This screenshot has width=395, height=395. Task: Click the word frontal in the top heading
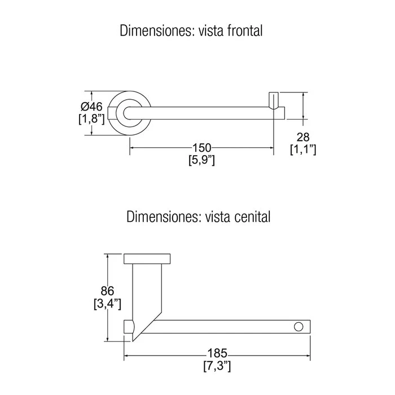point(245,30)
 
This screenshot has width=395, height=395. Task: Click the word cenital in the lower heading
point(252,217)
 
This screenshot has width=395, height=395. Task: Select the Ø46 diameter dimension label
point(91,107)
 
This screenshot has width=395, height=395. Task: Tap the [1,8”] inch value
point(91,119)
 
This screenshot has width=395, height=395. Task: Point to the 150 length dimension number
point(201,148)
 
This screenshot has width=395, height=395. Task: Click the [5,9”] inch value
point(202,160)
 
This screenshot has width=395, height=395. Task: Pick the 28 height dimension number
point(303,137)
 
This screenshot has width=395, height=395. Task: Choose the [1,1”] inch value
point(303,150)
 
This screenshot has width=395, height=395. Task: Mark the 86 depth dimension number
point(107,291)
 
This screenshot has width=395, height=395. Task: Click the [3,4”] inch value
point(107,304)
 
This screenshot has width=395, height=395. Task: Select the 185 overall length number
point(217,353)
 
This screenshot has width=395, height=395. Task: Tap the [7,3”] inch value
point(217,366)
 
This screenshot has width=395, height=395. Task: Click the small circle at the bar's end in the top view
point(299,327)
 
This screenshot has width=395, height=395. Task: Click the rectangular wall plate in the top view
point(147,259)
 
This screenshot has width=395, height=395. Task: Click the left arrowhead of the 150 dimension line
point(132,148)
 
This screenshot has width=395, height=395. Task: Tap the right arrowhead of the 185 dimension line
point(308,355)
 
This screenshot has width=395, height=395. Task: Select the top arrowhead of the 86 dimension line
point(108,257)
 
